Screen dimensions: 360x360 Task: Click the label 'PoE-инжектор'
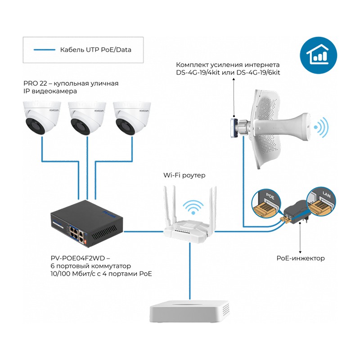pos(300,258)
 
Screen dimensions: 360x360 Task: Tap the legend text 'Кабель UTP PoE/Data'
pos(95,49)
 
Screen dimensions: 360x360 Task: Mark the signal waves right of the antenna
pos(321,127)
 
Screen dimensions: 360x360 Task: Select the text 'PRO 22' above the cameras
pos(33,84)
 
